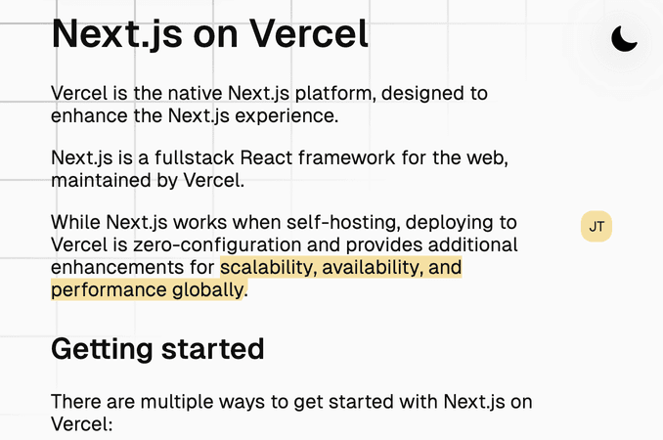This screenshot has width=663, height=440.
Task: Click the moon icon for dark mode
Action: click(x=623, y=39)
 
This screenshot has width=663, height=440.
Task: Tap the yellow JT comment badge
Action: click(x=597, y=227)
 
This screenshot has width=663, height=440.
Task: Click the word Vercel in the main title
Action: click(x=309, y=34)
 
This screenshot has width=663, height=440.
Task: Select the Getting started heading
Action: click(x=157, y=349)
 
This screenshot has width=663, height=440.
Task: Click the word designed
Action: click(x=420, y=94)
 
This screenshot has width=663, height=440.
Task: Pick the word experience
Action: click(x=286, y=116)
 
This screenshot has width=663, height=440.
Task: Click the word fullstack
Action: click(x=194, y=157)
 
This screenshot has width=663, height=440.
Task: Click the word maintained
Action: click(x=101, y=181)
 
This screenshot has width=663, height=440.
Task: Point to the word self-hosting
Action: click(x=343, y=223)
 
